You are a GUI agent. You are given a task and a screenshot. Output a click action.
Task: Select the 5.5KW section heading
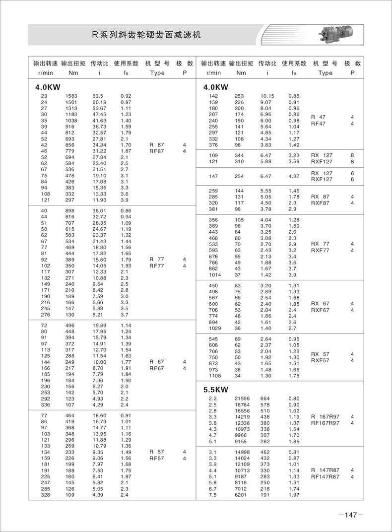(x=216, y=390)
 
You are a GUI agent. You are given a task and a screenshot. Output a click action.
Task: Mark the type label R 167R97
(x=326, y=416)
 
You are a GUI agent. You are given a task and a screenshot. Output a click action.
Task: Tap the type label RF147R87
(x=326, y=476)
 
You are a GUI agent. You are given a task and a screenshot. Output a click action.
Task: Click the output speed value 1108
(x=212, y=376)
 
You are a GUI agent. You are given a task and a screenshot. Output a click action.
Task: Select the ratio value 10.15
(x=267, y=95)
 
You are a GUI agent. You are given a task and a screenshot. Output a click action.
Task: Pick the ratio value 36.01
(x=99, y=210)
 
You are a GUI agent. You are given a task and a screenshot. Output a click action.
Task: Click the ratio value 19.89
(x=99, y=325)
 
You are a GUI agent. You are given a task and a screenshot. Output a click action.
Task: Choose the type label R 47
(x=318, y=117)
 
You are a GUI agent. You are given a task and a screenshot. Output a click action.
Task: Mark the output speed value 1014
(x=212, y=274)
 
